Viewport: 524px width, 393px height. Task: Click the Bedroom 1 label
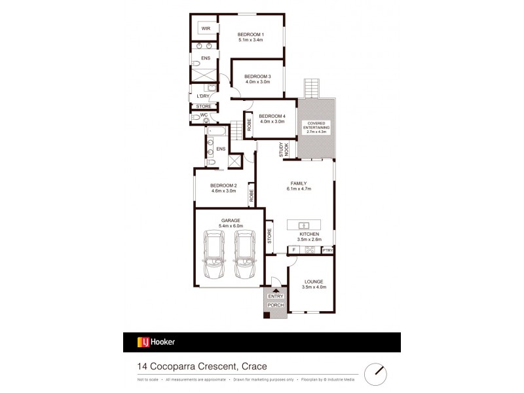250,34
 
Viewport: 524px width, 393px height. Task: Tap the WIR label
206,28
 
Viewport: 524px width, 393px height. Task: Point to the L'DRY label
203,97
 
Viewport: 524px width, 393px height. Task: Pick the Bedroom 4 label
271,116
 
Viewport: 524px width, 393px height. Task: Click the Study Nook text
282,150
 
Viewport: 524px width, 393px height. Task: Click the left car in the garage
215,253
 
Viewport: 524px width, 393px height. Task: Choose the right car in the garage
243,253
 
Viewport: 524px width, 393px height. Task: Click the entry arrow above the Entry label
276,290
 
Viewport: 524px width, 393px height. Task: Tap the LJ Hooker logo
155,342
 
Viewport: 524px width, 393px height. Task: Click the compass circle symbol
377,371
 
